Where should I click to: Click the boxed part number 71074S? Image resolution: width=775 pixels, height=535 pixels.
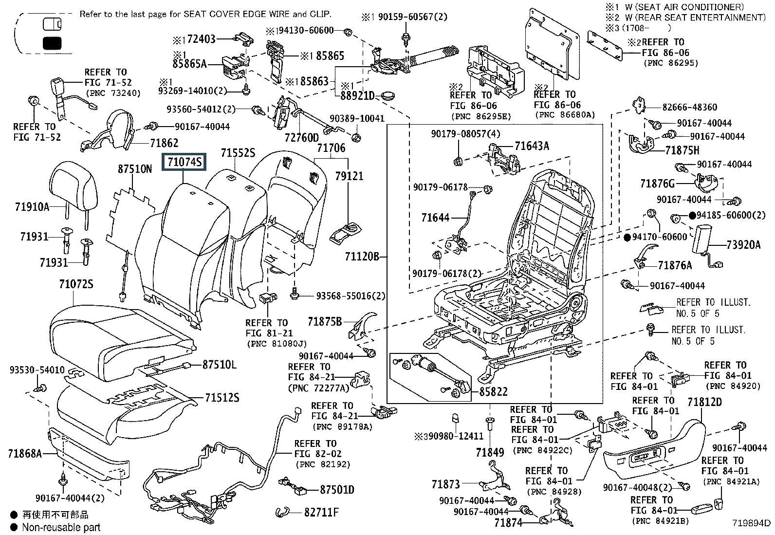(x=184, y=162)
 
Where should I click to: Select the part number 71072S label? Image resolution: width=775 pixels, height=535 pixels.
(x=76, y=284)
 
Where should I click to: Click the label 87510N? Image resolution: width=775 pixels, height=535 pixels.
(x=134, y=169)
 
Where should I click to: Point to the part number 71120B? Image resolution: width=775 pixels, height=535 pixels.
(x=362, y=257)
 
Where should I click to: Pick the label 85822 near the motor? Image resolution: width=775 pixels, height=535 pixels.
(x=493, y=392)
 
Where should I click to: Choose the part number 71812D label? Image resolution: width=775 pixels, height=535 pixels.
(x=704, y=402)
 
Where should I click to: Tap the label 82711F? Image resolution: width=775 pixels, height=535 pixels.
(x=321, y=512)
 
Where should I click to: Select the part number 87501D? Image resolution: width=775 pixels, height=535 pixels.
(x=337, y=490)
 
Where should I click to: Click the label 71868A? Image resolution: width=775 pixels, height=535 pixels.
(x=25, y=453)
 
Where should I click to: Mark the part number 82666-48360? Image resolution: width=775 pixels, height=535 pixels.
(x=689, y=107)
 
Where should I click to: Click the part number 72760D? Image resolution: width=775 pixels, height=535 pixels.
(x=302, y=138)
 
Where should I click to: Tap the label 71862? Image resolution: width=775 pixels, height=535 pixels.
(x=164, y=143)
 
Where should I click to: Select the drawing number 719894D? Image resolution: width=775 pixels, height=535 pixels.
(x=751, y=523)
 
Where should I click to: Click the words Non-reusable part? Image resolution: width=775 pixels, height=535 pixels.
(x=61, y=527)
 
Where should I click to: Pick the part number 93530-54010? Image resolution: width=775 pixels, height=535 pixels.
(x=37, y=370)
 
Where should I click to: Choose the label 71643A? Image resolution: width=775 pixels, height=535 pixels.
(x=532, y=146)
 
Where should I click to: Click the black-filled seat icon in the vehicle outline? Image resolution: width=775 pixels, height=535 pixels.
(x=52, y=43)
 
